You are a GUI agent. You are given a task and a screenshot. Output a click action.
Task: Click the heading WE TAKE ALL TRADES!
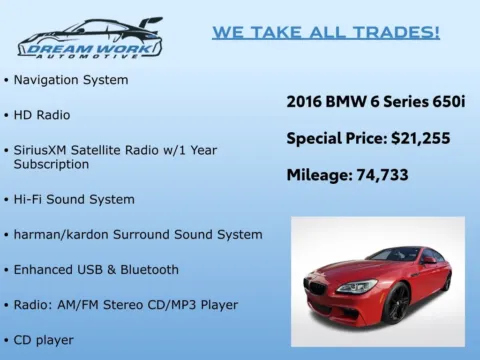coord(325,33)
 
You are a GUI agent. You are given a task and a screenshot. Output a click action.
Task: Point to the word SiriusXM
coord(44,148)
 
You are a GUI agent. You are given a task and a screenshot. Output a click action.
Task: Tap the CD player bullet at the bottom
coord(43,340)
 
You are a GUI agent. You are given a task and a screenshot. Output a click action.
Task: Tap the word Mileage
coord(318,174)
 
